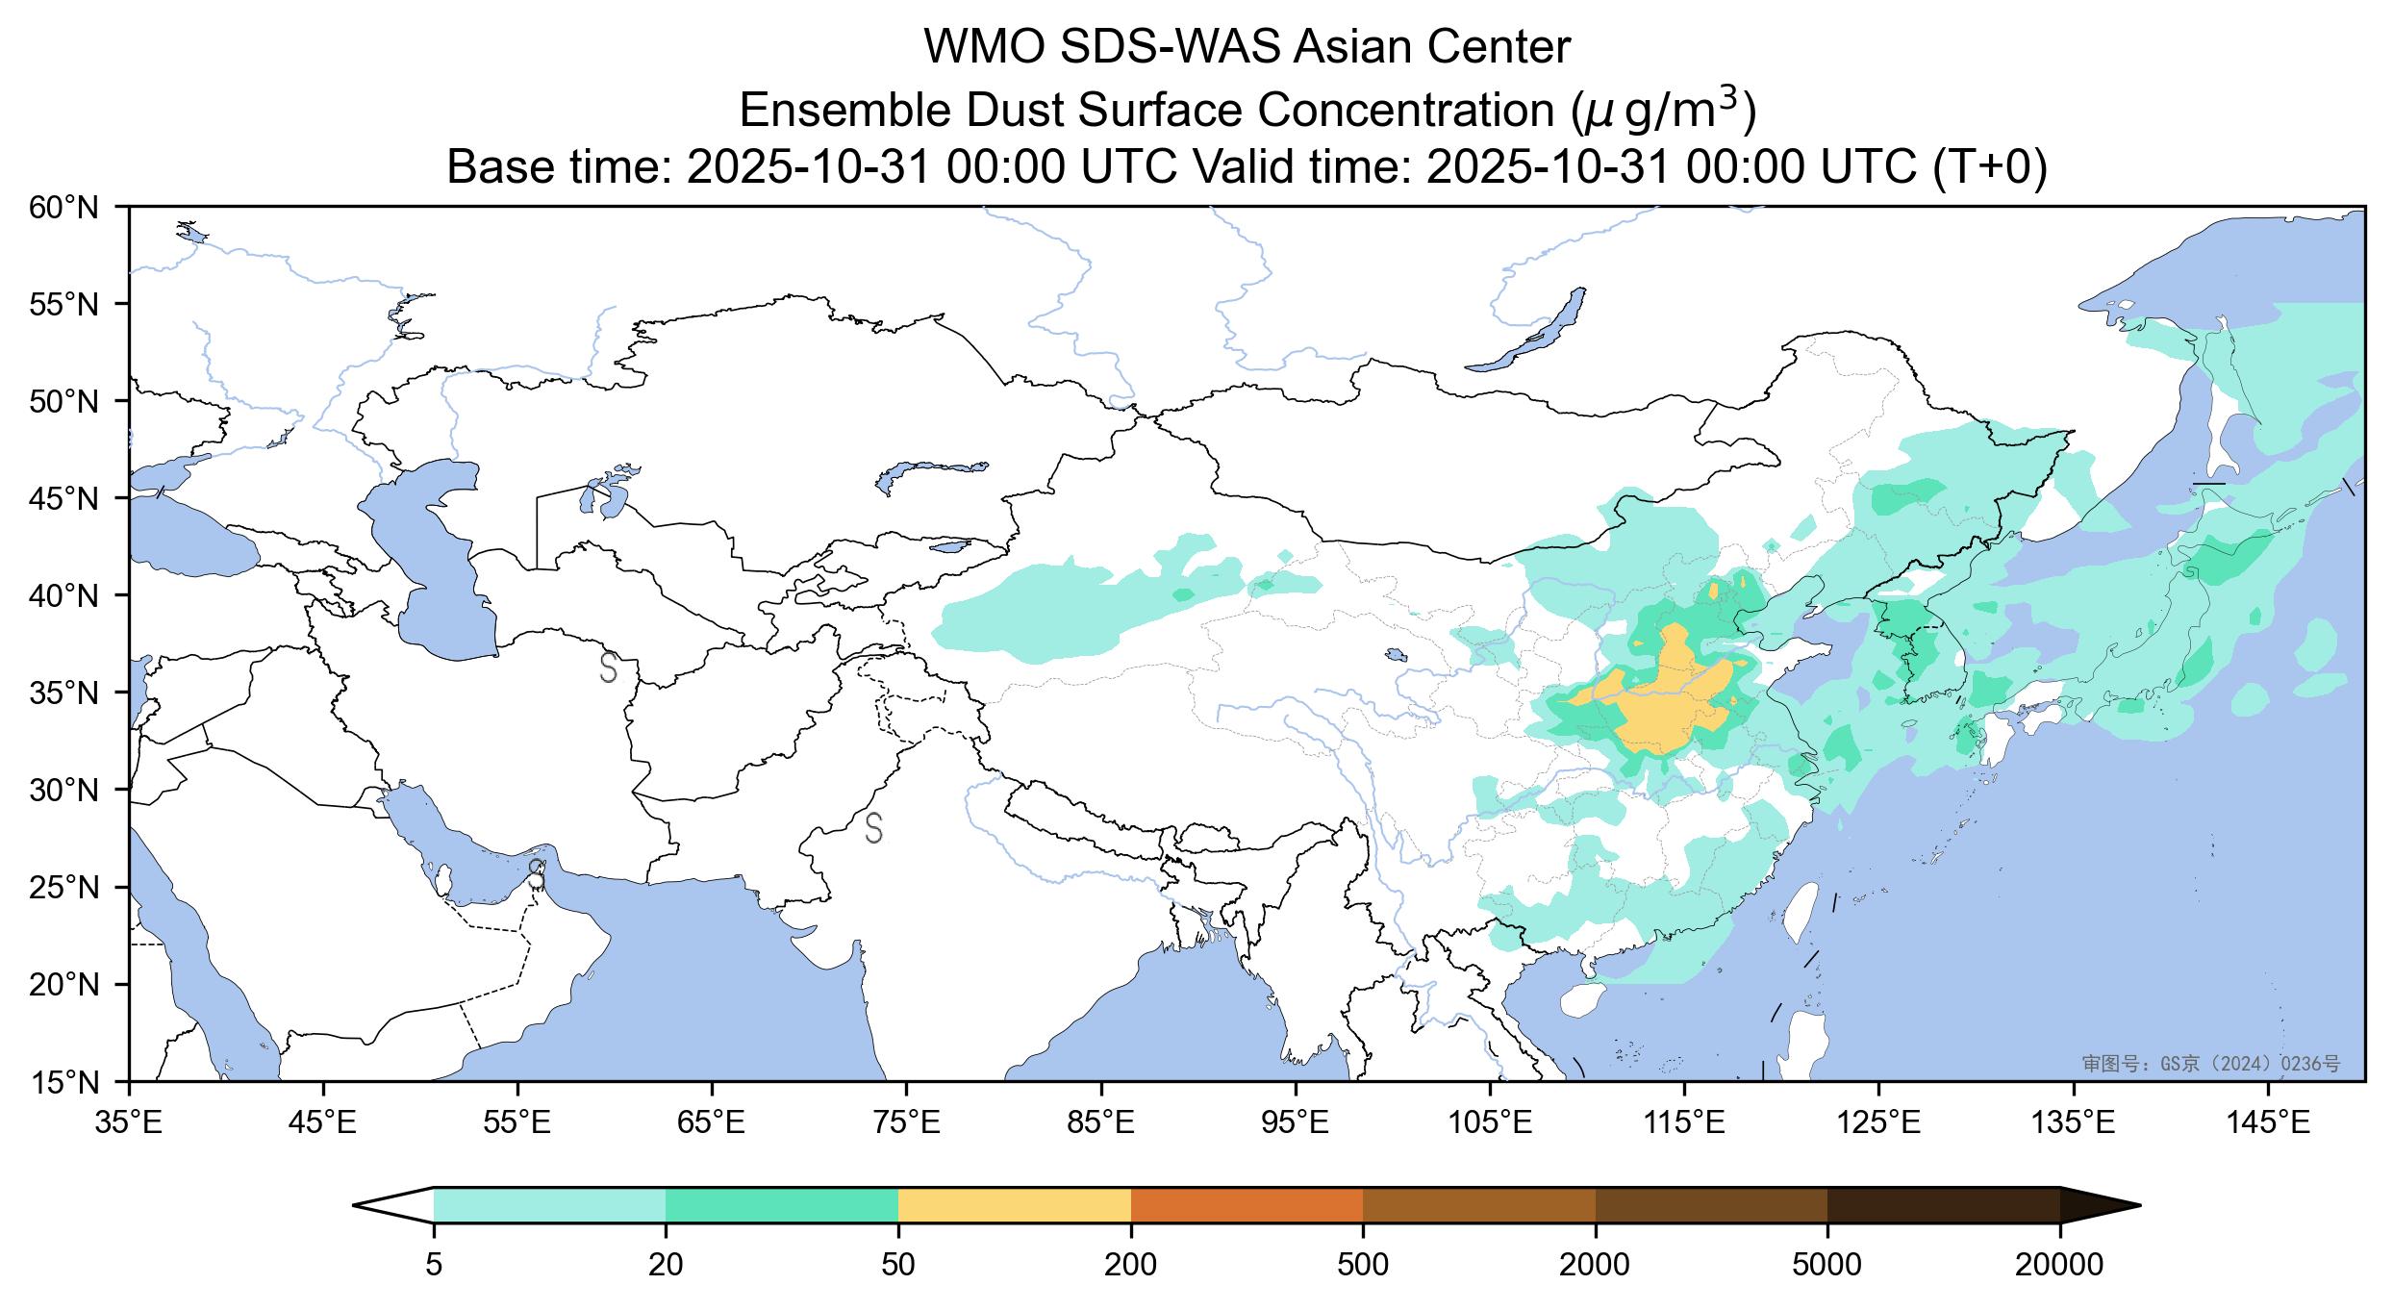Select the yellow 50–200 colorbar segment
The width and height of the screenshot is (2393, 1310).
[1014, 1205]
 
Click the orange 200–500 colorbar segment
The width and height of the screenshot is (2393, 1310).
[1247, 1205]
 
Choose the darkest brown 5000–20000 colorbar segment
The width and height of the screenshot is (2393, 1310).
[1943, 1205]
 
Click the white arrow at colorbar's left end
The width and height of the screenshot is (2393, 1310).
[394, 1205]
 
